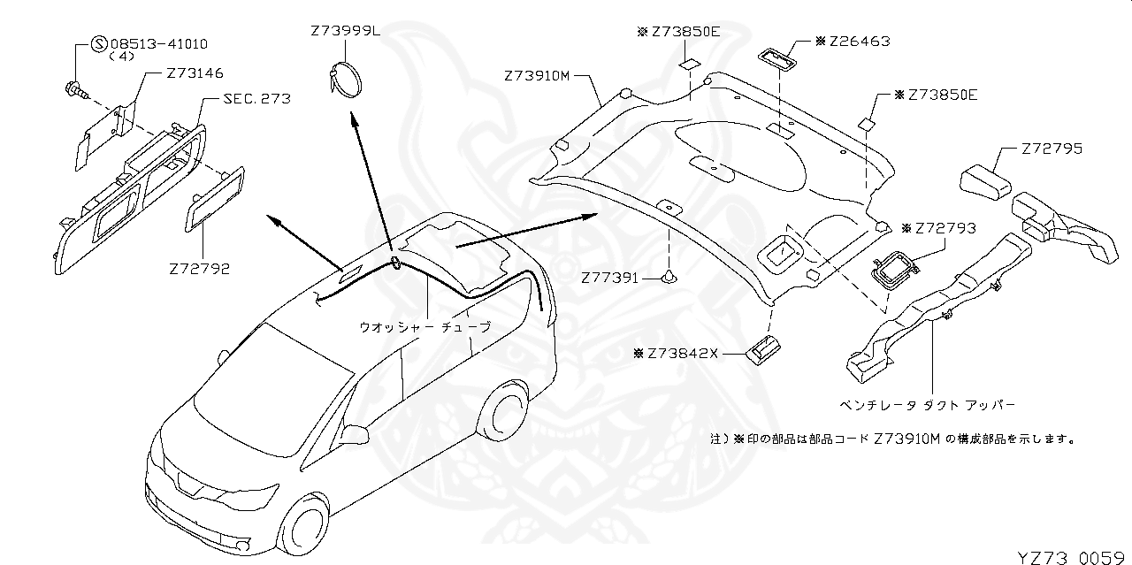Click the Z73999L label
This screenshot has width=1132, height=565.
pyautogui.click(x=345, y=31)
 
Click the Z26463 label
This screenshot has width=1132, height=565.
pyautogui.click(x=859, y=41)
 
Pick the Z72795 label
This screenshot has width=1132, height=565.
pyautogui.click(x=1052, y=149)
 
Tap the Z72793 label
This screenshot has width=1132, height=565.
pyautogui.click(x=945, y=228)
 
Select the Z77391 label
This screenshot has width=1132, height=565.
pyautogui.click(x=609, y=278)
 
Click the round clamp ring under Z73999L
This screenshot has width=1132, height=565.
pyautogui.click(x=347, y=79)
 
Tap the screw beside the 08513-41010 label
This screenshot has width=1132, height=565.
pyautogui.click(x=77, y=88)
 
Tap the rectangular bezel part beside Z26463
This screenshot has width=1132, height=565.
pyautogui.click(x=776, y=59)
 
